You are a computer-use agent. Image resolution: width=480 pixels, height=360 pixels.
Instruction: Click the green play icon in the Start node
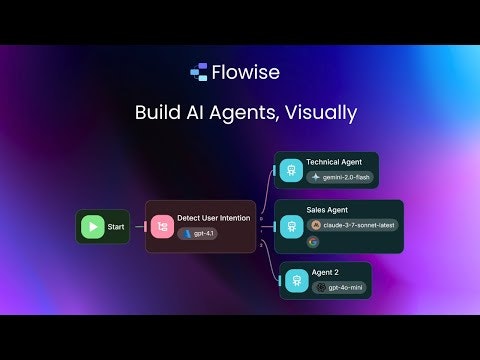pyautogui.click(x=93, y=227)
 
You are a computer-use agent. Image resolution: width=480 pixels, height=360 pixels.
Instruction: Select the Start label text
pyautogui.click(x=116, y=227)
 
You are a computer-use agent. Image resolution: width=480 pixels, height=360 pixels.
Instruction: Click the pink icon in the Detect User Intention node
pyautogui.click(x=162, y=226)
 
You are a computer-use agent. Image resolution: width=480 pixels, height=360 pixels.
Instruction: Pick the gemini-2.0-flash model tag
pyautogui.click(x=339, y=177)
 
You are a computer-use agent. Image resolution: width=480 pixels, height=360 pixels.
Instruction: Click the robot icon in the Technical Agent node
pyautogui.click(x=291, y=170)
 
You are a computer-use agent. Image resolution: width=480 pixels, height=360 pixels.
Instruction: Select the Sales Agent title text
pyautogui.click(x=327, y=210)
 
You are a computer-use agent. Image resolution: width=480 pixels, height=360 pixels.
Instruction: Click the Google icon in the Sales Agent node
pyautogui.click(x=313, y=241)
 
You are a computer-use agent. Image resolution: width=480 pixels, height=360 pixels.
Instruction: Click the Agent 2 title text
pyautogui.click(x=326, y=273)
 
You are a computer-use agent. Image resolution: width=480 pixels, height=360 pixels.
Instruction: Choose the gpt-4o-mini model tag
pyautogui.click(x=339, y=287)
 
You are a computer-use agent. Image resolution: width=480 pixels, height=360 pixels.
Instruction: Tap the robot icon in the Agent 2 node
pyautogui.click(x=296, y=281)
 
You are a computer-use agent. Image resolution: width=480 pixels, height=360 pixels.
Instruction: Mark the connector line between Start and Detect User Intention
pyautogui.click(x=138, y=227)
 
